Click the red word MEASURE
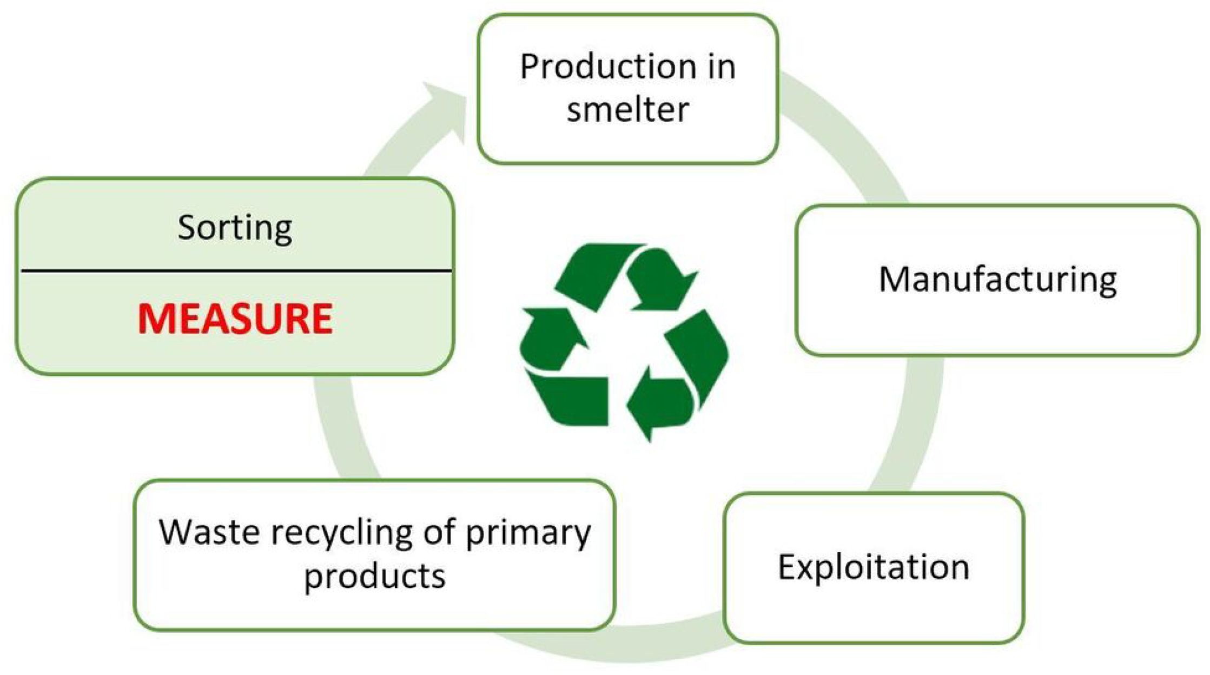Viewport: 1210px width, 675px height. point(235,319)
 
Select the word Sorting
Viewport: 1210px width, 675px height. point(235,228)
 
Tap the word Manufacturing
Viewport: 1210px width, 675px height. point(997,280)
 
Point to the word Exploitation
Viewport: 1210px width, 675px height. point(874,567)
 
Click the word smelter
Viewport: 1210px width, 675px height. point(627,110)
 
